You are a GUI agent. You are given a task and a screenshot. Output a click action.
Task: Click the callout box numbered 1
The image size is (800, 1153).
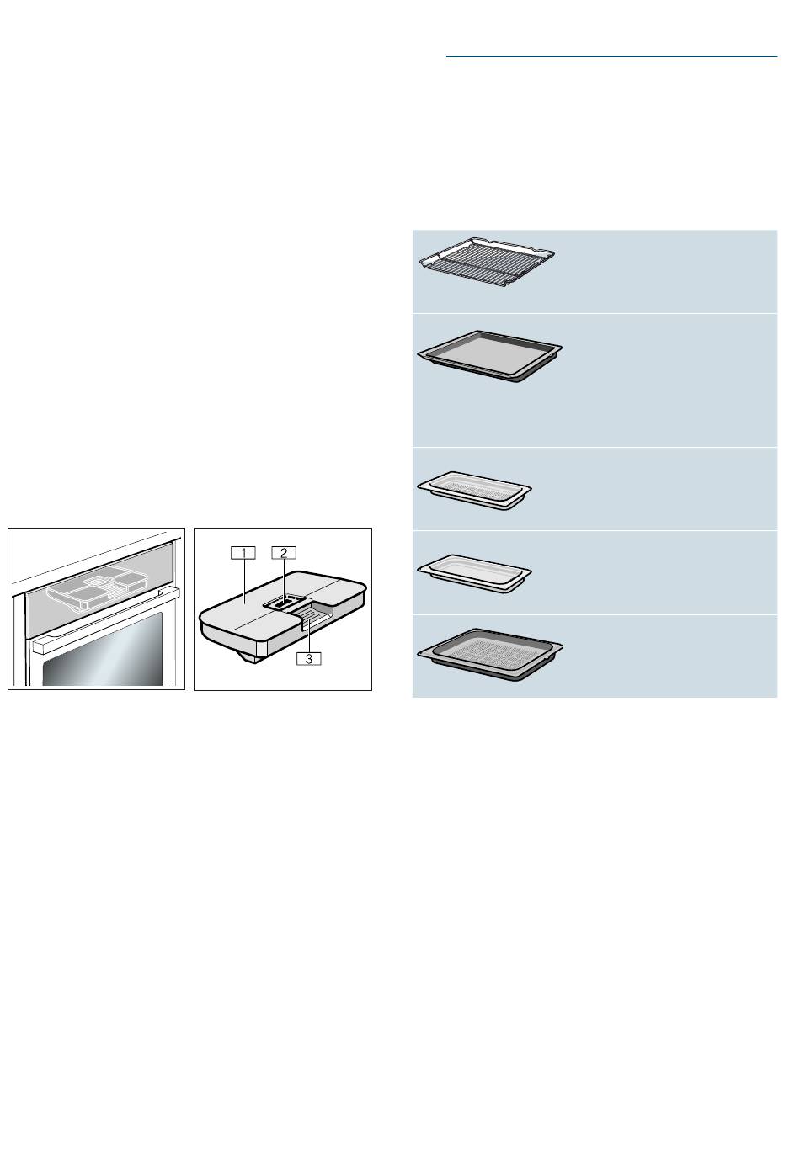243,553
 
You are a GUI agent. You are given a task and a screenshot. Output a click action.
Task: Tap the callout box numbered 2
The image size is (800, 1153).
284,553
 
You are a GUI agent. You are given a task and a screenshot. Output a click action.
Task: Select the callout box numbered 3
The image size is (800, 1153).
308,658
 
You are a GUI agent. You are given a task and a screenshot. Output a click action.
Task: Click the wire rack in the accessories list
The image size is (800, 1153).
486,262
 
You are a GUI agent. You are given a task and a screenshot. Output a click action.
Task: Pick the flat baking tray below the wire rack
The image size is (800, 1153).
489,356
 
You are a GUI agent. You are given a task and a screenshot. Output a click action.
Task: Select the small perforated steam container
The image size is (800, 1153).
474,490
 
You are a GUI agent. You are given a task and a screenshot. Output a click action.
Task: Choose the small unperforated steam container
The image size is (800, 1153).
474,573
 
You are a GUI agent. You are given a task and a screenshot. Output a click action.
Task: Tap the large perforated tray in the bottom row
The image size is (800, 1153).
489,654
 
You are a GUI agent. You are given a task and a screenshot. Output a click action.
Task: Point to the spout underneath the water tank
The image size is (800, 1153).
253,656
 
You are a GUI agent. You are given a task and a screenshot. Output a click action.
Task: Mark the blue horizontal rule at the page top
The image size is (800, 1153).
611,56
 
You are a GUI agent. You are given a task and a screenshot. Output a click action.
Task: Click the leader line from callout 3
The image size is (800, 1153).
308,636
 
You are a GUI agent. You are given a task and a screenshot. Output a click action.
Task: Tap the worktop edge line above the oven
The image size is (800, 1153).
88,559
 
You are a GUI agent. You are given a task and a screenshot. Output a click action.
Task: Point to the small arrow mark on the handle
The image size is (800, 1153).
162,593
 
